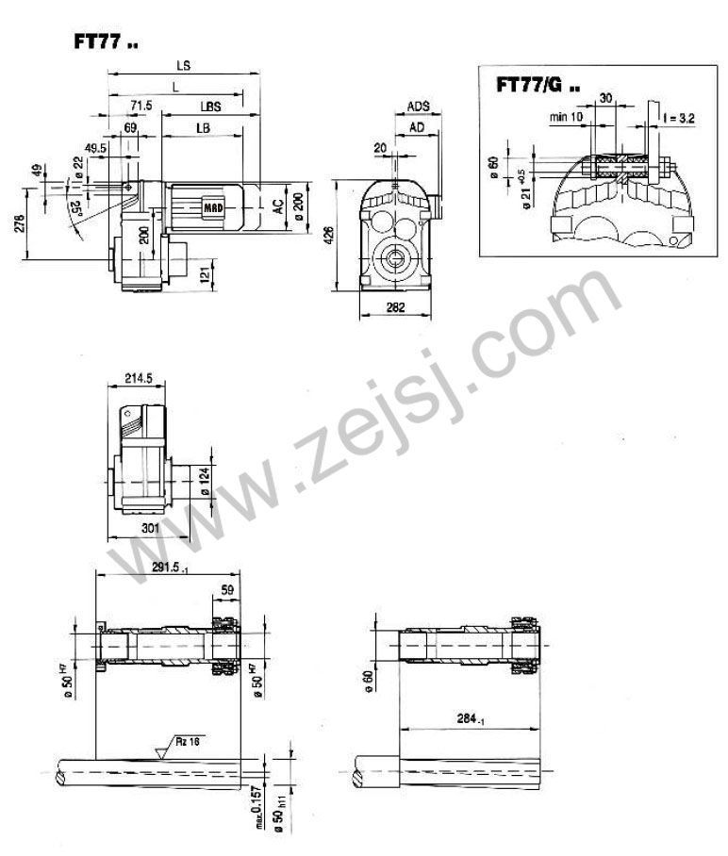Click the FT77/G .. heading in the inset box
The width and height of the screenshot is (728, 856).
coord(538,85)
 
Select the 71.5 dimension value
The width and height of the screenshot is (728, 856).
coord(142,107)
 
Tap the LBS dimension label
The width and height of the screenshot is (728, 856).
coord(210,107)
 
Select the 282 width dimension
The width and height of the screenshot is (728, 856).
coord(397,307)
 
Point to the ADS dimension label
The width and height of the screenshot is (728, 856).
coord(419,107)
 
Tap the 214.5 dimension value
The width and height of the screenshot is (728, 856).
coord(138,378)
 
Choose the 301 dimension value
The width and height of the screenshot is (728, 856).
coord(148,529)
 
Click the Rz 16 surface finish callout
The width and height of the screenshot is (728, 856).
coord(187,742)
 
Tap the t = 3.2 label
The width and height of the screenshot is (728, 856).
coord(678,120)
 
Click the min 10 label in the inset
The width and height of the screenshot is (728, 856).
coord(567,117)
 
